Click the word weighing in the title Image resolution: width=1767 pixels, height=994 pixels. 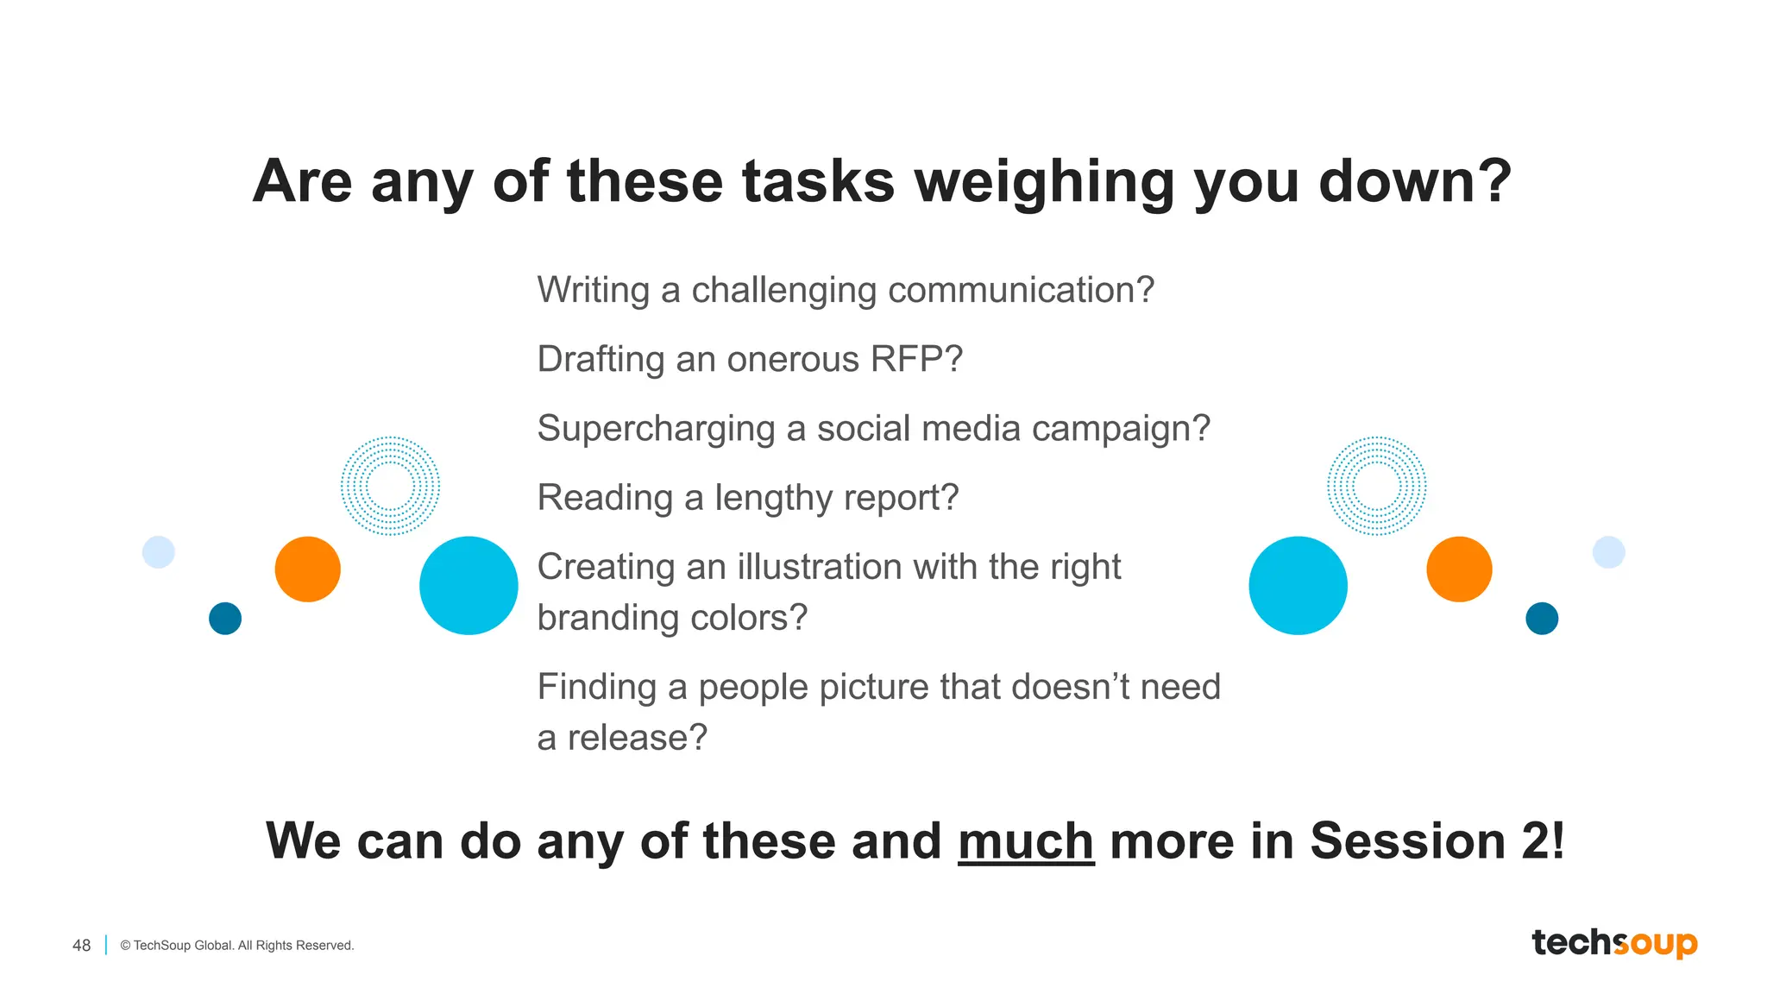[1044, 182]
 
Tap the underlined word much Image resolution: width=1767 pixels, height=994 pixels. [1026, 841]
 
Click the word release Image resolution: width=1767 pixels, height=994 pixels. [637, 738]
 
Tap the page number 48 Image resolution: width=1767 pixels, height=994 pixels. [81, 946]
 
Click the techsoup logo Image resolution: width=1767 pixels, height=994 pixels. [1614, 942]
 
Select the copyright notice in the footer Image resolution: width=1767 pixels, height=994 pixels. [237, 946]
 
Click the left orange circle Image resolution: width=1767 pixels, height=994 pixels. [308, 569]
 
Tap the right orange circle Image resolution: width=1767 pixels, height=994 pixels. [1459, 569]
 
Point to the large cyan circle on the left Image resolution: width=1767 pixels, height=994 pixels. [468, 586]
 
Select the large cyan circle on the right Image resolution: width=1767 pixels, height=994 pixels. [1298, 586]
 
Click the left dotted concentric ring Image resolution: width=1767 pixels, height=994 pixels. [390, 486]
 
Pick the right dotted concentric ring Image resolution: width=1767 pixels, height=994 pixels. [1377, 486]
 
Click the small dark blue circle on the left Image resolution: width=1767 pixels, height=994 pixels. [225, 619]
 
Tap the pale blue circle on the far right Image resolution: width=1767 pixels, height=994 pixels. [1608, 552]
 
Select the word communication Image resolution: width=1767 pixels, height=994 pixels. [1021, 291]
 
